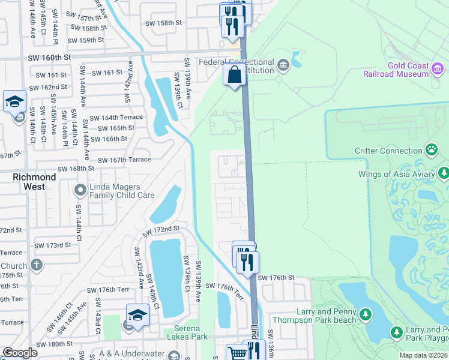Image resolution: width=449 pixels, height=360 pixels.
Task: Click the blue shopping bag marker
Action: pyautogui.click(x=235, y=76)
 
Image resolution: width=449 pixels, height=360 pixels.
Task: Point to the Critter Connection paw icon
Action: pyautogui.click(x=431, y=149)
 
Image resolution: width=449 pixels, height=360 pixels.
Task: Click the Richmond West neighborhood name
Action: pyautogui.click(x=34, y=182)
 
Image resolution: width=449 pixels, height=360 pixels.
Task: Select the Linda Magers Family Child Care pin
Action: pyautogui.click(x=80, y=190)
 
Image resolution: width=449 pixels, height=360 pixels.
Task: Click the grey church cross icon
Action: pyautogui.click(x=37, y=265)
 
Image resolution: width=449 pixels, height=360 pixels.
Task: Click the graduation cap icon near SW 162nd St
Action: pyautogui.click(x=14, y=102)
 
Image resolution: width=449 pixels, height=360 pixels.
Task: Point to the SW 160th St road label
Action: pyautogui.click(x=50, y=57)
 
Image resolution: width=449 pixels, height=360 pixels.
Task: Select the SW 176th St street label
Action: pyautogui.click(x=276, y=278)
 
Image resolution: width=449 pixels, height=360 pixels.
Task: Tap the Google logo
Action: pyautogui.click(x=19, y=353)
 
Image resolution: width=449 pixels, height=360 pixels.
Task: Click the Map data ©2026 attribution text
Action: pyautogui.click(x=423, y=355)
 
